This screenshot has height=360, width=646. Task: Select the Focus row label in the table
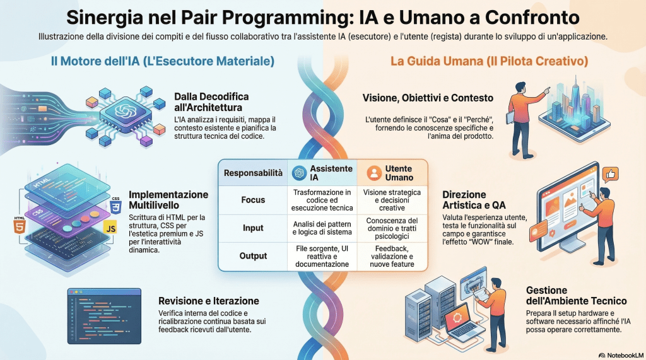pos(253,200)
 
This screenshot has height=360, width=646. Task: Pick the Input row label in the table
pos(253,228)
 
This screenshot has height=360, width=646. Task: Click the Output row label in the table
pos(253,256)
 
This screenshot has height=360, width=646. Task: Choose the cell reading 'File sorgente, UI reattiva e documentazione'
pos(322,256)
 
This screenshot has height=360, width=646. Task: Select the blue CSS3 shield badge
pos(115,206)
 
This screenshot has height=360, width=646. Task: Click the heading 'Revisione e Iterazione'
pos(208,301)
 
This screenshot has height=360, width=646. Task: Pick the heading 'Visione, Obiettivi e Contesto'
pos(428,98)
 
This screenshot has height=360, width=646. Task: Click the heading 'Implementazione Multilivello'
pos(168,200)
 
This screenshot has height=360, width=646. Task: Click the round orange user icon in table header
pos(373,172)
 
